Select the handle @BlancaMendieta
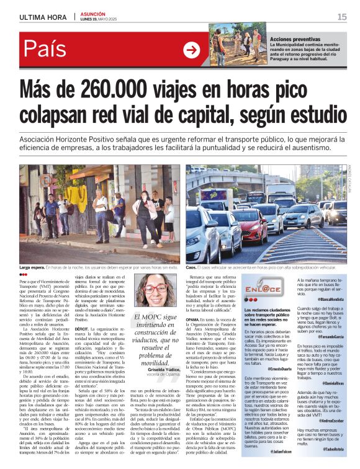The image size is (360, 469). pos(330,298)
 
